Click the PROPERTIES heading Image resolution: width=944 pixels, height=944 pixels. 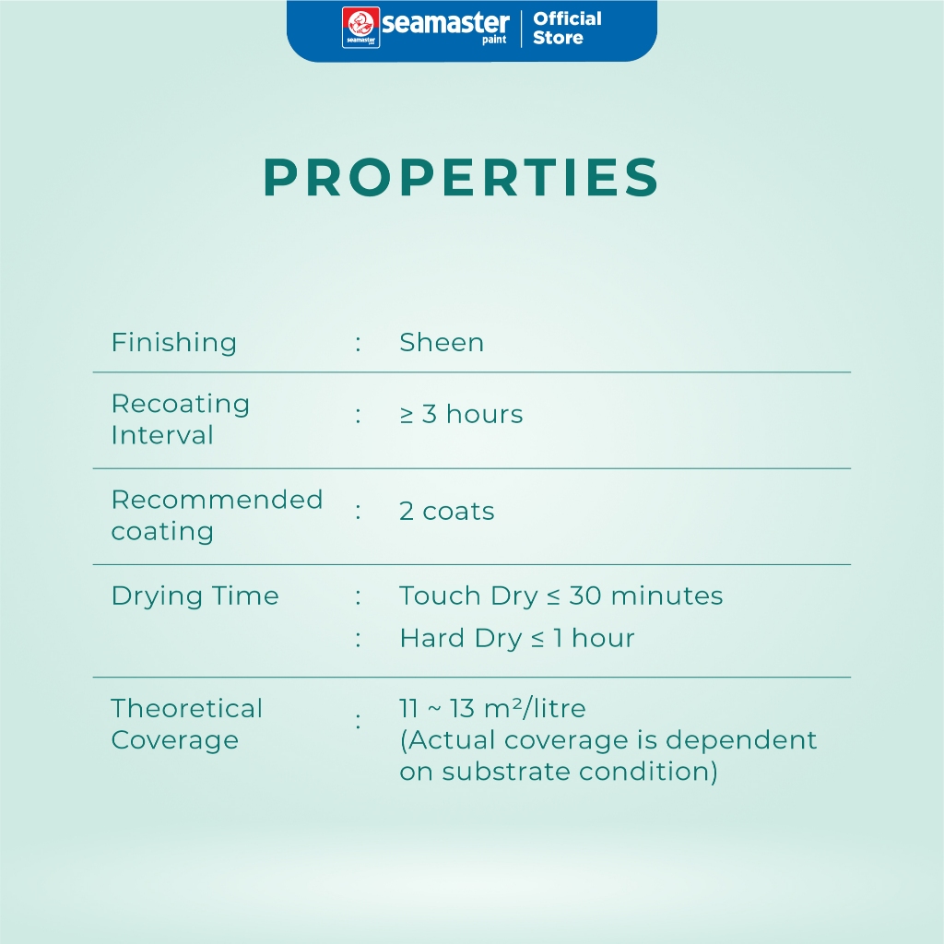pos(461,177)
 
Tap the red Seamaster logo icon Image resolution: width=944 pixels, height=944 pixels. pos(360,27)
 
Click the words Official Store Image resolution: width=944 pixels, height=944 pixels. pos(567,28)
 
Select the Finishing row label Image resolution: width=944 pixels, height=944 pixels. pos(174,343)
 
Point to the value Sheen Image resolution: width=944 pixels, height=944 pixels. pos(442,343)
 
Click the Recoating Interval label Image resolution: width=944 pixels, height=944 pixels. pos(181,419)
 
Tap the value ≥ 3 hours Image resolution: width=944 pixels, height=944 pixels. pos(461,414)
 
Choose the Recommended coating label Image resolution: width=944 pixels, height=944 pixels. pos(217,515)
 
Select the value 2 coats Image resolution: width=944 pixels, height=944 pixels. pos(447,511)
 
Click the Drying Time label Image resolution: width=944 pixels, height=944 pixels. pos(195,596)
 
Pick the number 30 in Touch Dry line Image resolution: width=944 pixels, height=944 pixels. pos(585,596)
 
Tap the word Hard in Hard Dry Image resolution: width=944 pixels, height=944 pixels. pos(431,638)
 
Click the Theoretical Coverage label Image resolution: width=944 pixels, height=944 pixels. pos(186,725)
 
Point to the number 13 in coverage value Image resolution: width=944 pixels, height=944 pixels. pos(462,709)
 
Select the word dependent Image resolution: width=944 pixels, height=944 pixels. pos(741,740)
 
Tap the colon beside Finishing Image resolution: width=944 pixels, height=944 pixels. pos(359,344)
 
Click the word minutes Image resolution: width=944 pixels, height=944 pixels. pos(667,596)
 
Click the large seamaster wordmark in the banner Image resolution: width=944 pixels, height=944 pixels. pos(445,24)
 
